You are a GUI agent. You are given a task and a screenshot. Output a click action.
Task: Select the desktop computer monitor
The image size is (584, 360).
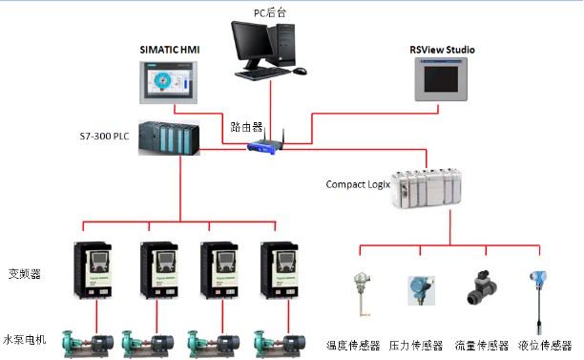[x=253, y=46]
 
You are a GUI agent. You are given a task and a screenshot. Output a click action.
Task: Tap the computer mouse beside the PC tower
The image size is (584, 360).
[x=300, y=71]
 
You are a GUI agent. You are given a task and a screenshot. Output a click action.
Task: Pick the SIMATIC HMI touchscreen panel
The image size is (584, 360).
[x=168, y=79]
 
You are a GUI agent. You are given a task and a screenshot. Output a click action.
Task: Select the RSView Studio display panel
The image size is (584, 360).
[x=443, y=79]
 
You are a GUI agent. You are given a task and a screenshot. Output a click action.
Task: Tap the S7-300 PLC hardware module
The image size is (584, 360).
[x=169, y=138]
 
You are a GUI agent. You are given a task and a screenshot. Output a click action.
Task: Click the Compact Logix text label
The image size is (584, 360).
[x=358, y=183]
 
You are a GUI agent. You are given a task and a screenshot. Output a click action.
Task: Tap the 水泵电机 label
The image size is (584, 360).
[x=25, y=339]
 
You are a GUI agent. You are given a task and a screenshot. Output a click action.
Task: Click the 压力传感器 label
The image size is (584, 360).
[x=416, y=345]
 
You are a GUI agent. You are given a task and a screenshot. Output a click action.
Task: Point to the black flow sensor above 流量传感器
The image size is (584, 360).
[x=478, y=287]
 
